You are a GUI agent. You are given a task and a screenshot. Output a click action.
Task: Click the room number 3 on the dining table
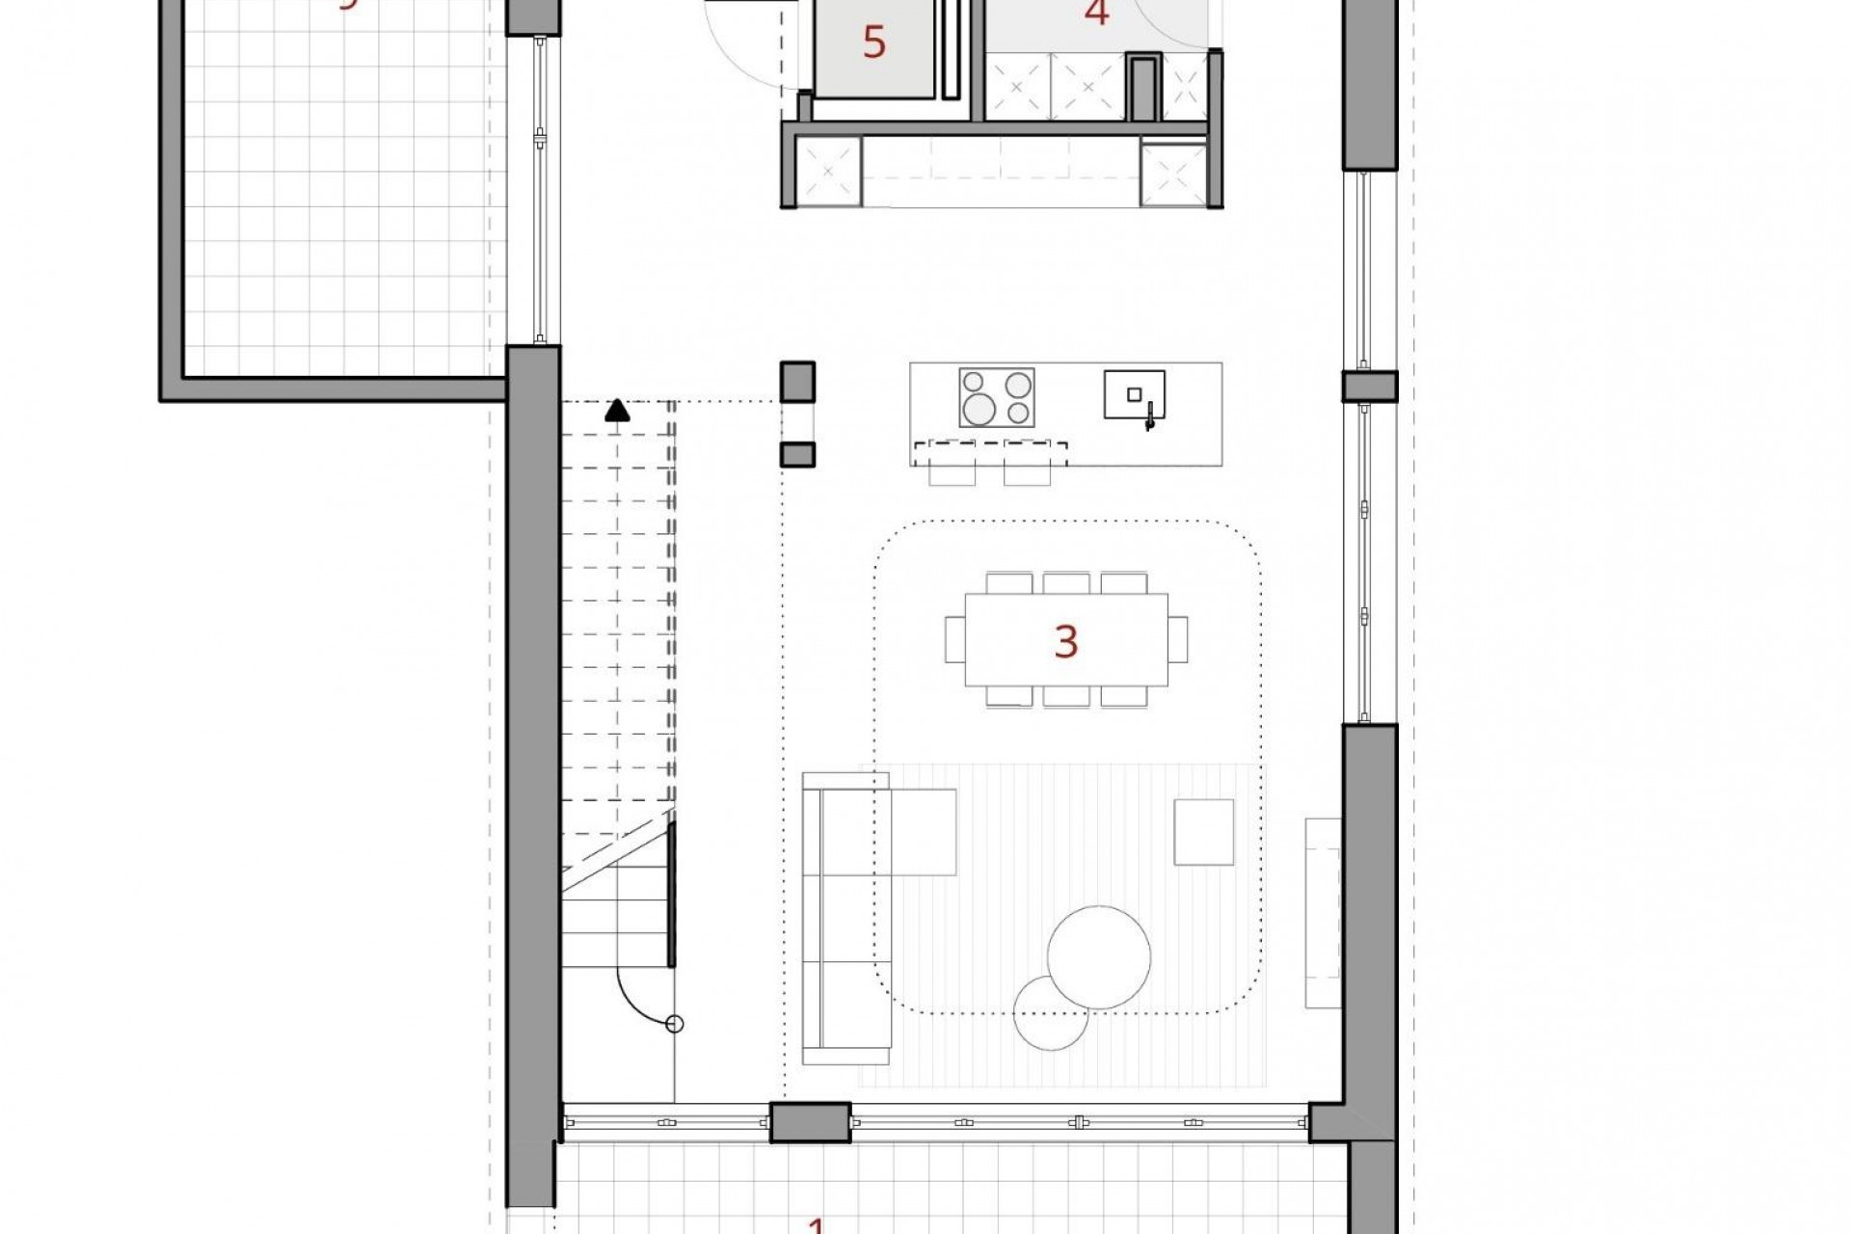(1065, 641)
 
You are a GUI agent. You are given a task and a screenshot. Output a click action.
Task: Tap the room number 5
(873, 43)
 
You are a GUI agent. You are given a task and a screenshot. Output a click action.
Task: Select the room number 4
(1096, 13)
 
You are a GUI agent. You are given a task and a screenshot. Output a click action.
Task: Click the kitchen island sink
(1134, 393)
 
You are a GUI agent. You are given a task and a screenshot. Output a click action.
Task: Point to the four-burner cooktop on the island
(997, 397)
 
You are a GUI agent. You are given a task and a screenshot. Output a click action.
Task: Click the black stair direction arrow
(617, 412)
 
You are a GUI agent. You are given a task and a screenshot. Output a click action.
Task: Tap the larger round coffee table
(1099, 956)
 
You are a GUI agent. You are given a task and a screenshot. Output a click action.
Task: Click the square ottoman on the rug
(1203, 831)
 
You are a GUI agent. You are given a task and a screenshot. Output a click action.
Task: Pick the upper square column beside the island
(797, 381)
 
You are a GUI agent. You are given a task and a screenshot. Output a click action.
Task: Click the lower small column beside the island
(797, 454)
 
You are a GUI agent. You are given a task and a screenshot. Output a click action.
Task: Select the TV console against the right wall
(1323, 913)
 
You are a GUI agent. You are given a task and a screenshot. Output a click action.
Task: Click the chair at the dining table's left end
(954, 639)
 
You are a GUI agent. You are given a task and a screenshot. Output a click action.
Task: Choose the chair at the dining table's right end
(1178, 639)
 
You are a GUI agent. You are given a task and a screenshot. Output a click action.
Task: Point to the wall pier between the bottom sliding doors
(810, 1122)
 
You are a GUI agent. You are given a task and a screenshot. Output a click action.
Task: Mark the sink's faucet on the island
(1149, 419)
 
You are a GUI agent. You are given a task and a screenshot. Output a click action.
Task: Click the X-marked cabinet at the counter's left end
(829, 172)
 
